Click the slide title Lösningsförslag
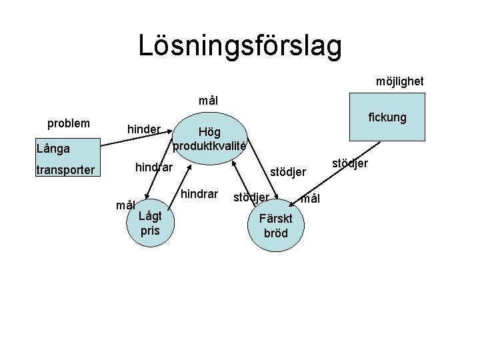click(x=240, y=45)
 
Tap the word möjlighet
click(x=399, y=81)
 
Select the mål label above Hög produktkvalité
click(x=208, y=101)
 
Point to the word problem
click(x=69, y=124)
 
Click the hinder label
click(x=144, y=129)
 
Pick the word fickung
click(x=387, y=117)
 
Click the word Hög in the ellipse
click(x=209, y=132)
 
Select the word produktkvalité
click(x=209, y=145)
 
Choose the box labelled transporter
click(x=65, y=170)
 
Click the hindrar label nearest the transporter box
click(x=154, y=166)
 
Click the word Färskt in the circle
click(x=275, y=219)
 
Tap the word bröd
click(x=275, y=233)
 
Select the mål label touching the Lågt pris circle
click(x=125, y=205)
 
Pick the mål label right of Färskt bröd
click(x=310, y=199)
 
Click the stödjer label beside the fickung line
click(x=349, y=163)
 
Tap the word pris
click(x=150, y=231)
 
